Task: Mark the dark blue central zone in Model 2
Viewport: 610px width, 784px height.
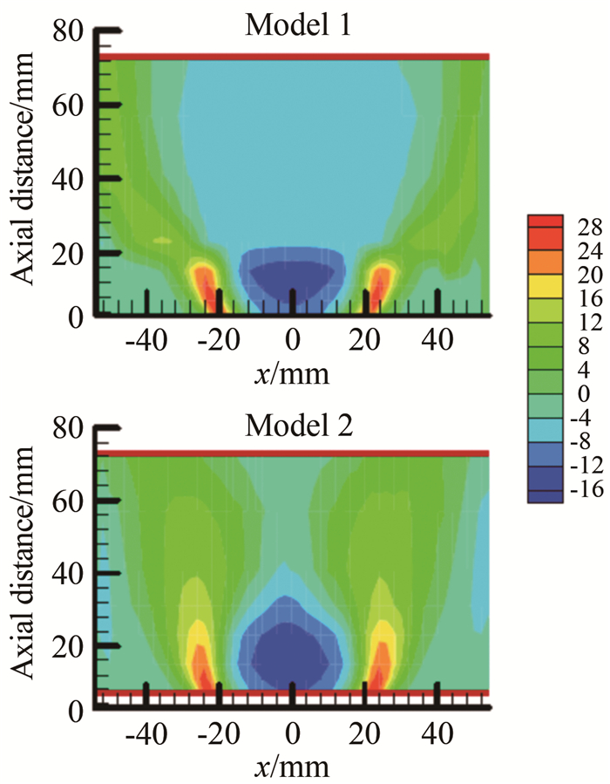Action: (292, 650)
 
